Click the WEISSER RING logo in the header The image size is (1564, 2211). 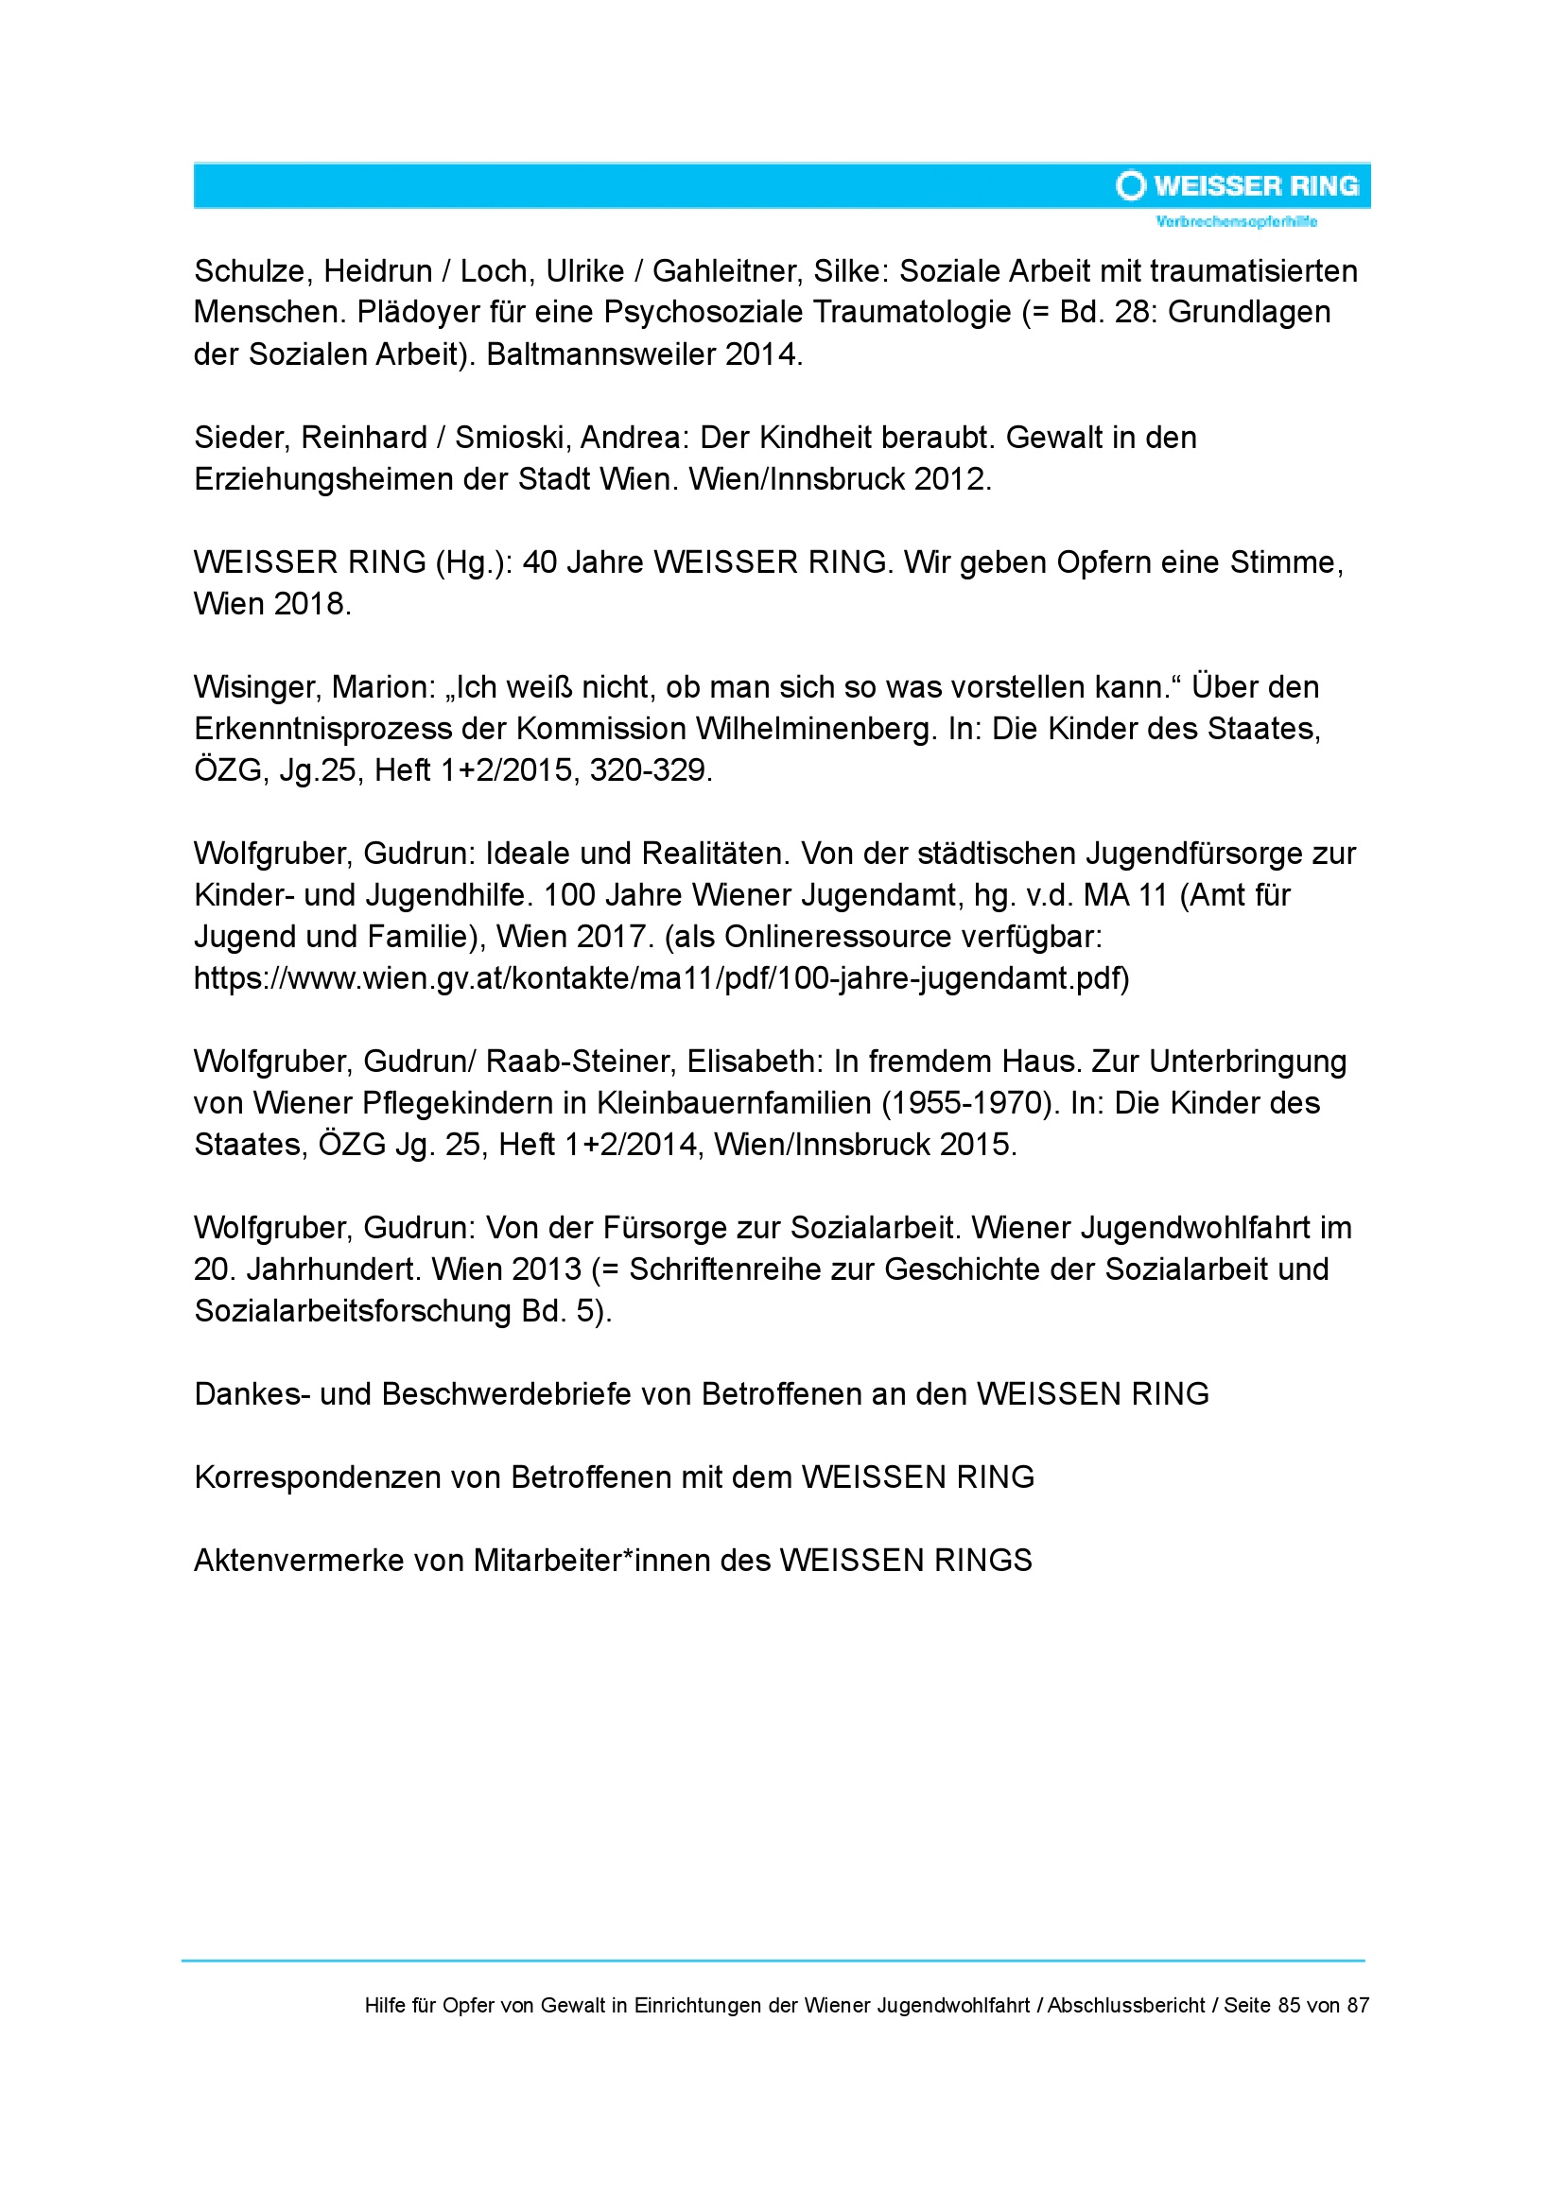click(x=1238, y=185)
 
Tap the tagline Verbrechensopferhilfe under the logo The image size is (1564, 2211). click(x=1237, y=221)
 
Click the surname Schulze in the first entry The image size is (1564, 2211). click(x=250, y=271)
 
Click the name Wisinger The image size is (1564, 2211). click(x=254, y=686)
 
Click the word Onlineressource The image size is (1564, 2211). click(x=854, y=936)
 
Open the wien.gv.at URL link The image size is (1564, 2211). click(x=661, y=977)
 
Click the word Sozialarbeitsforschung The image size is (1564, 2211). click(x=353, y=1310)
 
